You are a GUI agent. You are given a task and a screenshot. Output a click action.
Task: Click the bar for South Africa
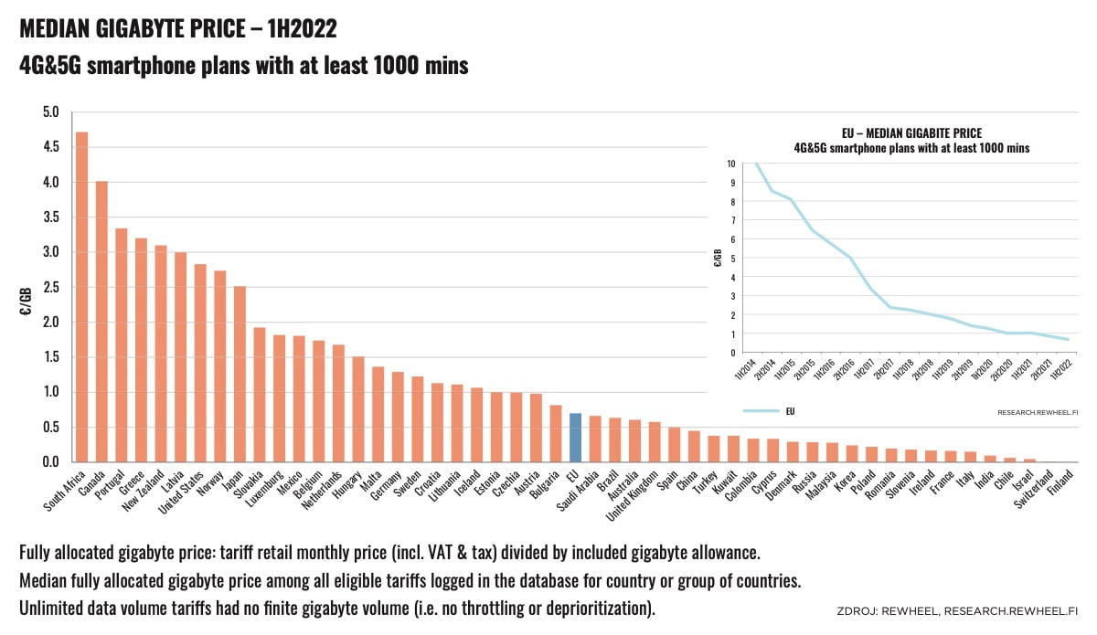tap(81, 297)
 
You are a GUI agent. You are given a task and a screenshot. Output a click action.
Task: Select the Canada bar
tap(101, 322)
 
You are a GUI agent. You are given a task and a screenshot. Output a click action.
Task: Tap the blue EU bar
tap(575, 438)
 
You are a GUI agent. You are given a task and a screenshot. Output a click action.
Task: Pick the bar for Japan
tap(240, 374)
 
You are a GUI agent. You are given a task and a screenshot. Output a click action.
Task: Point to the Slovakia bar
tap(260, 395)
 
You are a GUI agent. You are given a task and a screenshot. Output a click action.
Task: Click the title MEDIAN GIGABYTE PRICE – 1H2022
tap(178, 29)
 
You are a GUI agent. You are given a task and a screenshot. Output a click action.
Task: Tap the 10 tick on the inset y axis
tap(731, 164)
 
